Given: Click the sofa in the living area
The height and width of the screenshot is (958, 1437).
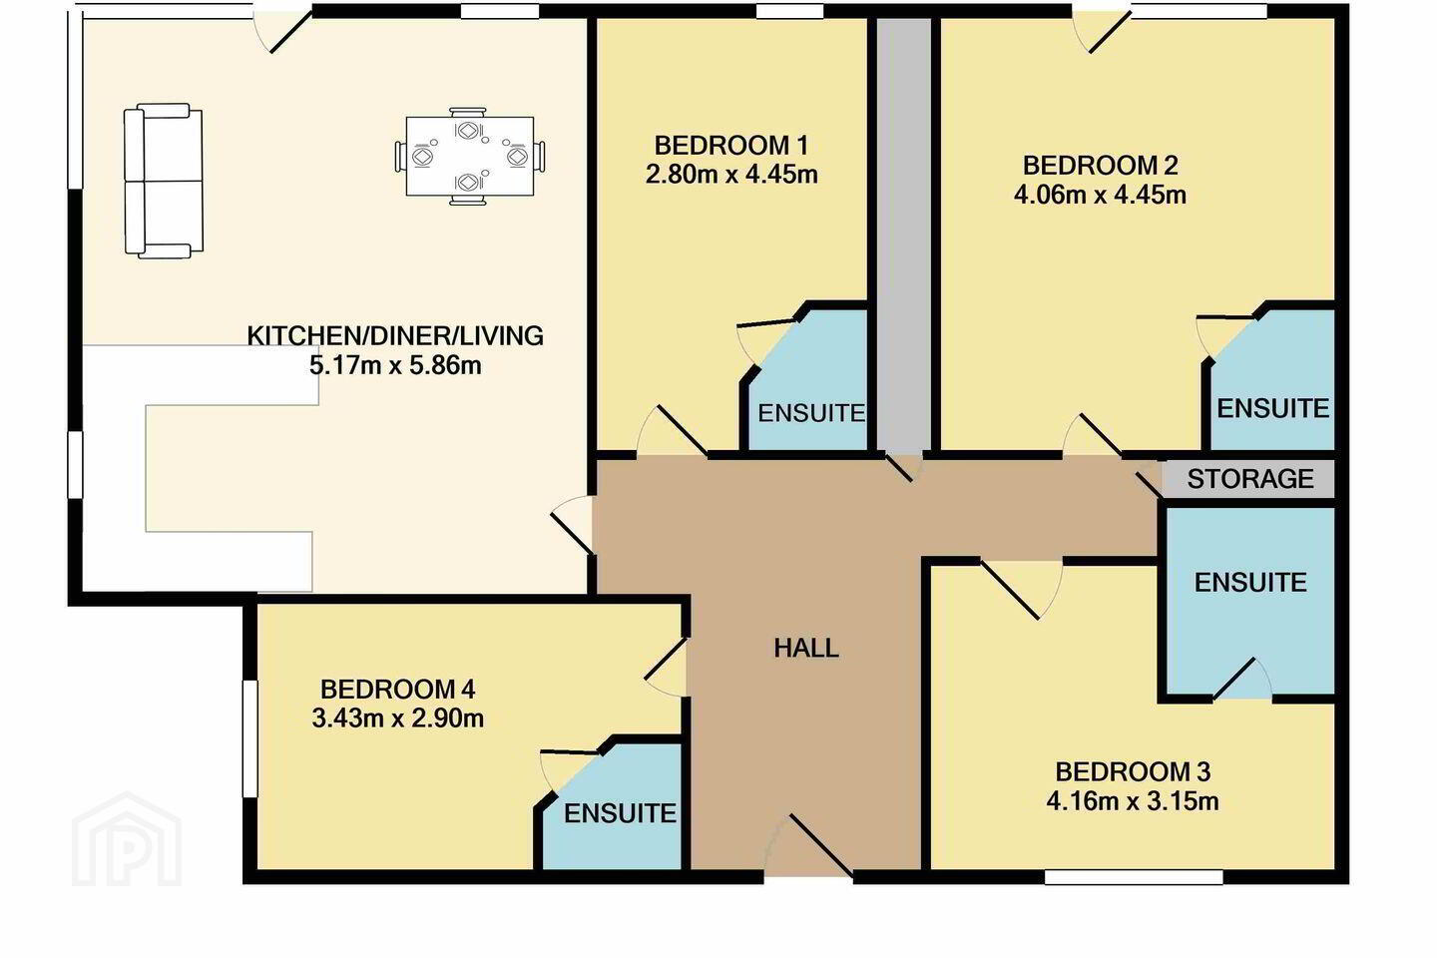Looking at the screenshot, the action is (164, 181).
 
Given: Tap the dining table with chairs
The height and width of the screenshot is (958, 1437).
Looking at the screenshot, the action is (470, 156).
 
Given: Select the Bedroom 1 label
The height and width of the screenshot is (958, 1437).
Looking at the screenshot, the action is (731, 146).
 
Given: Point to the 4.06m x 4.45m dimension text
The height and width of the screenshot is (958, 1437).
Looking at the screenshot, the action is (1100, 195).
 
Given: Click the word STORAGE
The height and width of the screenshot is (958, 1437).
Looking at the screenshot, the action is (1250, 479).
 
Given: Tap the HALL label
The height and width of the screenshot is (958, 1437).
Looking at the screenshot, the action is (806, 648).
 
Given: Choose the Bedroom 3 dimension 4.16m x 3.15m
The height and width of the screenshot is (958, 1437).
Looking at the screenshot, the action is (1133, 801).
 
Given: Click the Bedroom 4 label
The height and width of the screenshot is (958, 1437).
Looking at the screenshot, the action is (398, 690).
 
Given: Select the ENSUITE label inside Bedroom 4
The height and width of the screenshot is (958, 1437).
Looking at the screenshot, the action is (620, 813).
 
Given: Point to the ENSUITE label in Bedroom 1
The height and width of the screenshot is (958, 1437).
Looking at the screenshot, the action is (811, 413).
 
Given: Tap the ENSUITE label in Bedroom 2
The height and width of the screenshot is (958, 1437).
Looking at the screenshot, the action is (1273, 408).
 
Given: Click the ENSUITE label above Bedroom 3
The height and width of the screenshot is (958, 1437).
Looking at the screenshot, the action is (1250, 582).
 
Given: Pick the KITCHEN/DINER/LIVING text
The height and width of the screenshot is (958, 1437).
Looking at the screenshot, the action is (395, 335).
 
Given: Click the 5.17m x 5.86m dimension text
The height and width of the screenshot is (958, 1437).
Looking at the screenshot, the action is (395, 366).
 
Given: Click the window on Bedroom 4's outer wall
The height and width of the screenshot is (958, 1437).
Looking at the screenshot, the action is (249, 738).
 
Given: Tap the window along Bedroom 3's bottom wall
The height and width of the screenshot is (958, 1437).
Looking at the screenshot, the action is (1134, 877).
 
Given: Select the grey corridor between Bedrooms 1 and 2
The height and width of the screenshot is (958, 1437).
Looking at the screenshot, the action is (904, 235).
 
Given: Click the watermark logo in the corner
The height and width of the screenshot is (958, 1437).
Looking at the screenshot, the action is (127, 840).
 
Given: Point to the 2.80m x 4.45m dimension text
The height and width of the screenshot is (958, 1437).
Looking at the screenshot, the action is (731, 175).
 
